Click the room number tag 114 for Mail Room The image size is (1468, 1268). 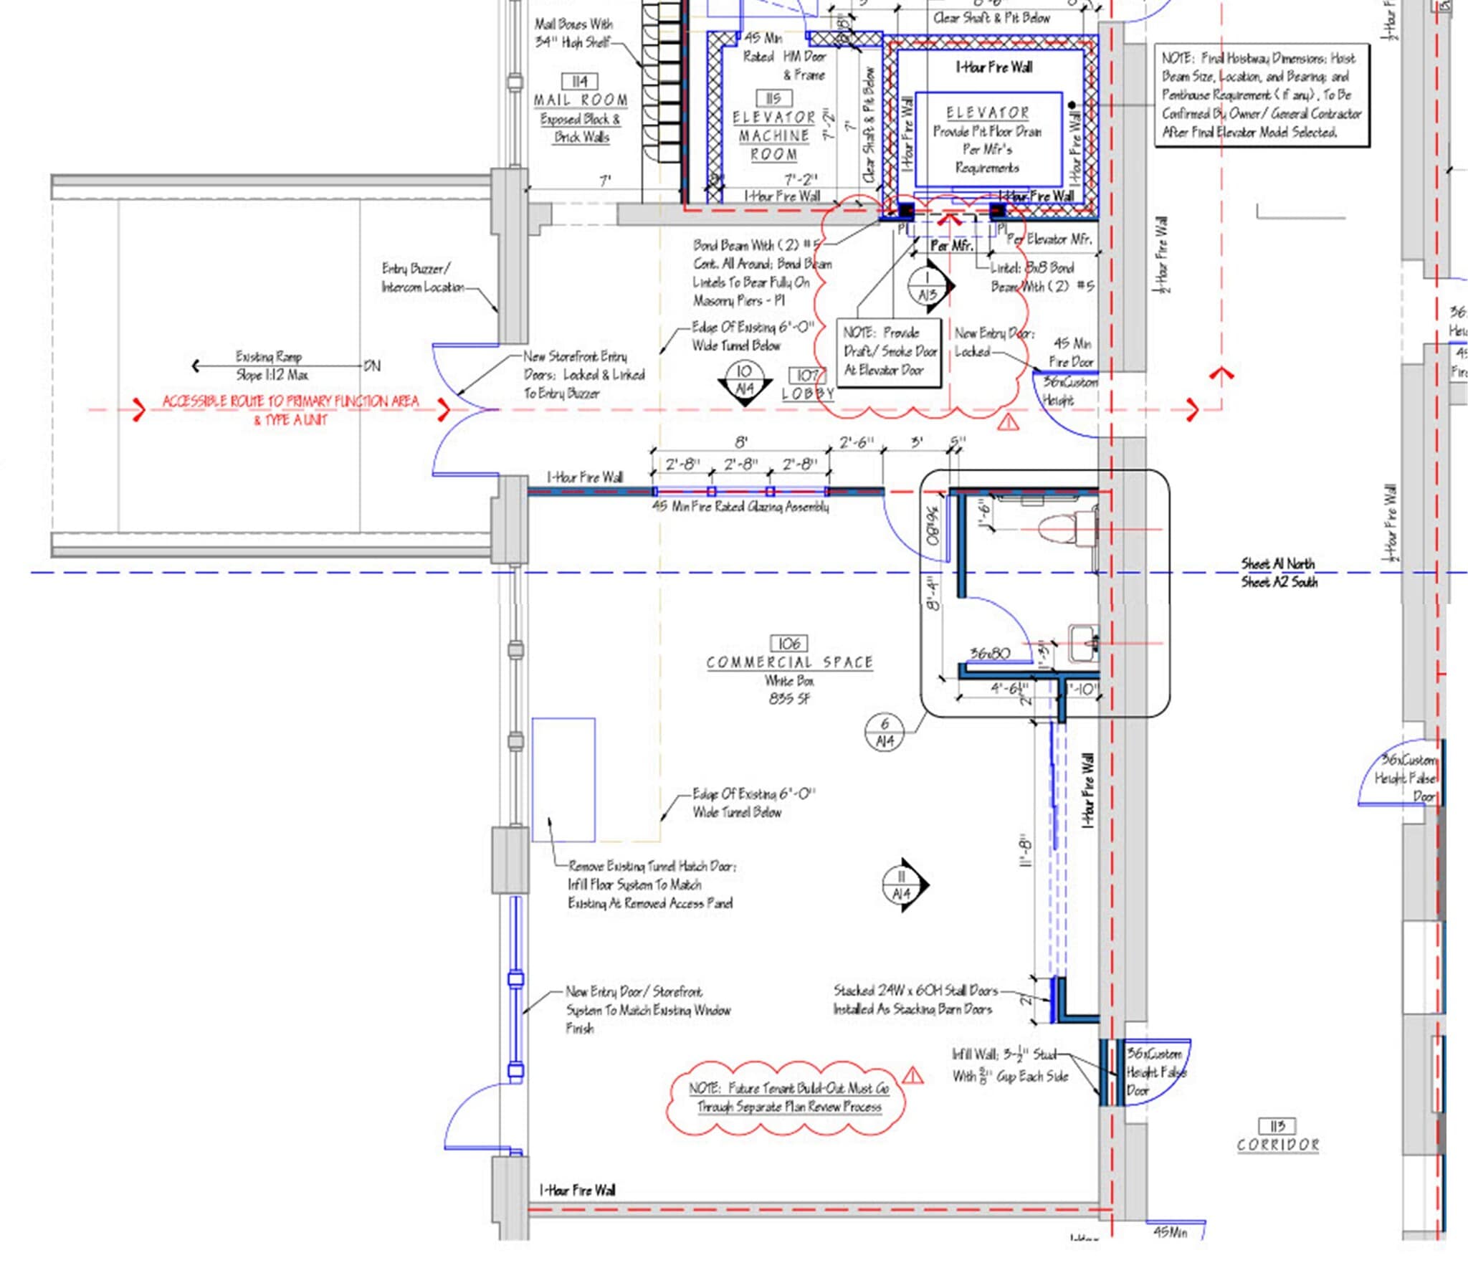580,81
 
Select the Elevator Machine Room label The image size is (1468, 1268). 774,135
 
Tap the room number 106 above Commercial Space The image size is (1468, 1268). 788,643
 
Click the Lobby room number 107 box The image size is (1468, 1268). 808,375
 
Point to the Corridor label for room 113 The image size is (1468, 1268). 1277,1145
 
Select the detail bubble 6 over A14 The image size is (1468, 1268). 885,733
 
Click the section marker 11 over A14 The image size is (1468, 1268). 902,885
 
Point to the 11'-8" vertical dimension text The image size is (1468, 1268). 1025,851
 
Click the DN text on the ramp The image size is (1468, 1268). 372,366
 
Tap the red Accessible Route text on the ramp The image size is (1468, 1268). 290,409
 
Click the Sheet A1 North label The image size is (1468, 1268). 1278,563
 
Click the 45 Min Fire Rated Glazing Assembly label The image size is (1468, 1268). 740,506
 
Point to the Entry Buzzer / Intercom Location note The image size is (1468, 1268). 423,277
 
